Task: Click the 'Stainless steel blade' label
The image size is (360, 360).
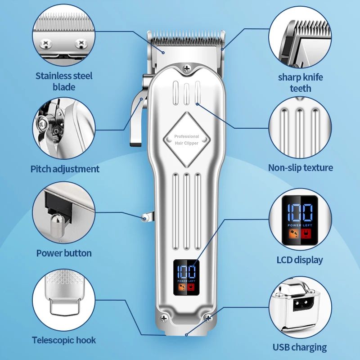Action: (x=64, y=81)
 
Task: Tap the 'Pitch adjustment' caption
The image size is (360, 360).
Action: (x=65, y=169)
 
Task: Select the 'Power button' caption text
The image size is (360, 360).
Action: (x=64, y=253)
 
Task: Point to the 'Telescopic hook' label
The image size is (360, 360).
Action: (x=64, y=340)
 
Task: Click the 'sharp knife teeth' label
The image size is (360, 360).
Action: (x=300, y=82)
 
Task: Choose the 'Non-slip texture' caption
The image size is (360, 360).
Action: (x=301, y=168)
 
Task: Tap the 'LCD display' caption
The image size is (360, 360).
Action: (x=300, y=260)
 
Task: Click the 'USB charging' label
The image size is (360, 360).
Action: (x=300, y=347)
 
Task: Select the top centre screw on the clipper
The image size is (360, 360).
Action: (x=187, y=68)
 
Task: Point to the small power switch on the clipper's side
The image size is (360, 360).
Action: (x=145, y=218)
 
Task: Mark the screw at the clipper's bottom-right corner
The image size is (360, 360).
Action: (x=207, y=318)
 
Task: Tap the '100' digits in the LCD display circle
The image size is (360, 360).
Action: (x=300, y=211)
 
